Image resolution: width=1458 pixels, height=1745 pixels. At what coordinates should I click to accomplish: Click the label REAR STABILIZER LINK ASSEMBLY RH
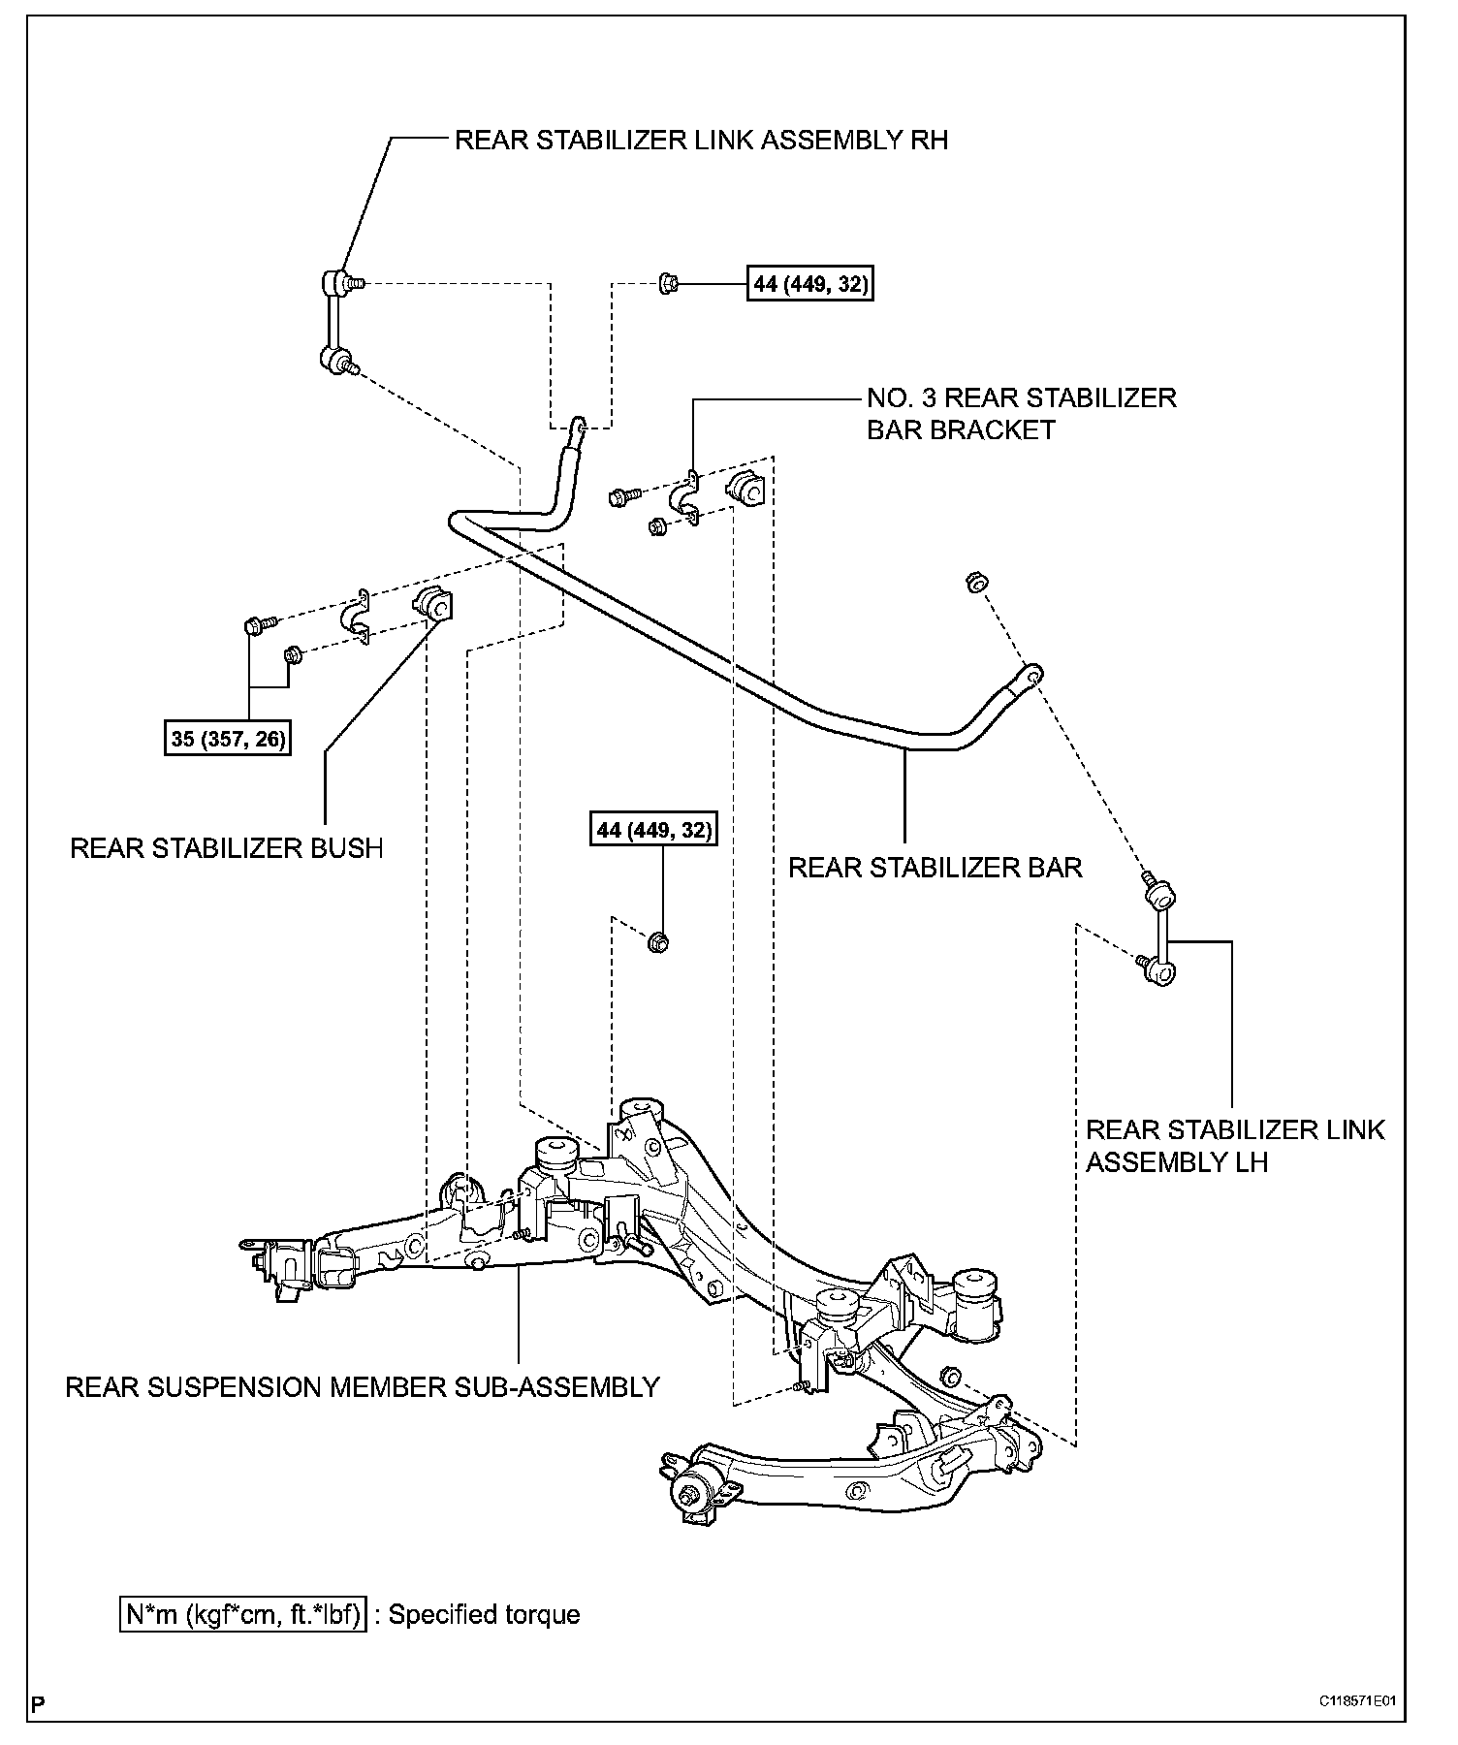pos(701,141)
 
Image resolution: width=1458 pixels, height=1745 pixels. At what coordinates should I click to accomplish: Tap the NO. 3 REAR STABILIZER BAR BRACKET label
pos(1022,414)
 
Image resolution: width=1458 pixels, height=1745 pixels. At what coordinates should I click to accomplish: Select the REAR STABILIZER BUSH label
pos(227,848)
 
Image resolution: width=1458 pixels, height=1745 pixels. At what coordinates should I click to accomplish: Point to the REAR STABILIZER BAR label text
pos(935,867)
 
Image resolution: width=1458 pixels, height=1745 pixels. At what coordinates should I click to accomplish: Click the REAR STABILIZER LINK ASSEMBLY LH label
pos(1235,1145)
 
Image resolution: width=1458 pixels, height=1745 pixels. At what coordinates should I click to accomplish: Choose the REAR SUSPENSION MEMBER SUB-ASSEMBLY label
pos(363,1387)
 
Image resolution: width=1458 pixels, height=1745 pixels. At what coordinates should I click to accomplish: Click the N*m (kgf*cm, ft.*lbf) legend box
pos(243,1615)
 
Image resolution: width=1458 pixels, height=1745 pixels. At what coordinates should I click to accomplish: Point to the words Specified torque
pos(484,1615)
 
